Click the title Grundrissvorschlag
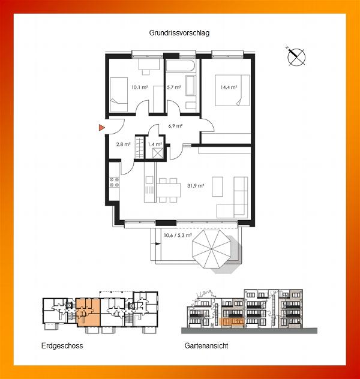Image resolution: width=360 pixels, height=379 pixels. click(179, 33)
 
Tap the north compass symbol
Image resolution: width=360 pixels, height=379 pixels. click(296, 57)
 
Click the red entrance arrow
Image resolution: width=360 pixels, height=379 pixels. click(102, 127)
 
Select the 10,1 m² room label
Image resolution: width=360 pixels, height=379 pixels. click(140, 88)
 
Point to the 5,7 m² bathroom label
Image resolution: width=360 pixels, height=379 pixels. click(174, 88)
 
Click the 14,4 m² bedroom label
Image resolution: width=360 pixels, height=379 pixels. click(229, 88)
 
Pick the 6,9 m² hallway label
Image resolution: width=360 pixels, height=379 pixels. click(175, 126)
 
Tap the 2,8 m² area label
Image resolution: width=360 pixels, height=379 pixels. click(124, 145)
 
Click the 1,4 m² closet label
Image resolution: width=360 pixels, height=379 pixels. click(155, 145)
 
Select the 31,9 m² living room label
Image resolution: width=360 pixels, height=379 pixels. click(196, 186)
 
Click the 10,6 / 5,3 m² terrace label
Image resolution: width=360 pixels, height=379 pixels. click(178, 235)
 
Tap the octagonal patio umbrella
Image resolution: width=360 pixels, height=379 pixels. click(211, 249)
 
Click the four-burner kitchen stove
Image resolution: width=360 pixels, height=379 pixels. click(115, 182)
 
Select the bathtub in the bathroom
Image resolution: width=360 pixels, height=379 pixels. click(181, 65)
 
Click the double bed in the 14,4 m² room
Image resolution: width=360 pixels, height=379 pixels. click(232, 90)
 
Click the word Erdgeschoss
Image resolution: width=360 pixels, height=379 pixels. click(62, 345)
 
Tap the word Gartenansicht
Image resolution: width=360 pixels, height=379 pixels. click(206, 345)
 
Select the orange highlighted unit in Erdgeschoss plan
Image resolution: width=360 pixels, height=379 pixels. click(88, 312)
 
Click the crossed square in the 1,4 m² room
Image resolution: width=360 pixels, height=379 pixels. click(158, 153)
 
